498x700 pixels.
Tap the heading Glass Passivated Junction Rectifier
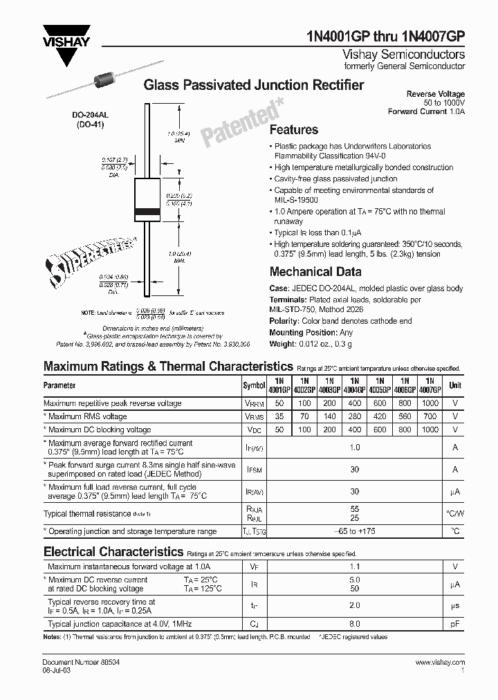coord(253,85)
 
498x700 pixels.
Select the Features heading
coord(293,129)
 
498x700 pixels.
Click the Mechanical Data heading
coord(315,272)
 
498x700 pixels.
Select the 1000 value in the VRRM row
coord(430,403)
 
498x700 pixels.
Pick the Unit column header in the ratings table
coord(455,385)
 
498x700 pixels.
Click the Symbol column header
coord(253,385)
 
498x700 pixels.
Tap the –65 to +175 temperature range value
coord(354,531)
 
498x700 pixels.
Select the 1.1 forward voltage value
coord(354,566)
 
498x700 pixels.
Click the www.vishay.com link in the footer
coord(440,663)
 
